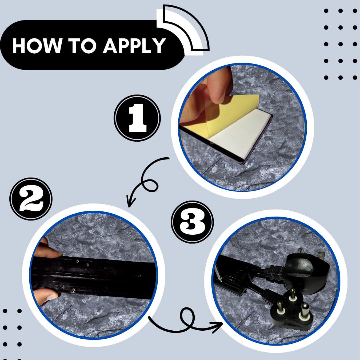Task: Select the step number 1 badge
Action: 137,118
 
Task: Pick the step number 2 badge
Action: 31,199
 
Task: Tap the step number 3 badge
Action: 192,222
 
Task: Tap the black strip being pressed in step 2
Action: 94,277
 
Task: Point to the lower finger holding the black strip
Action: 46,296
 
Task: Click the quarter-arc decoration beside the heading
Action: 184,28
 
